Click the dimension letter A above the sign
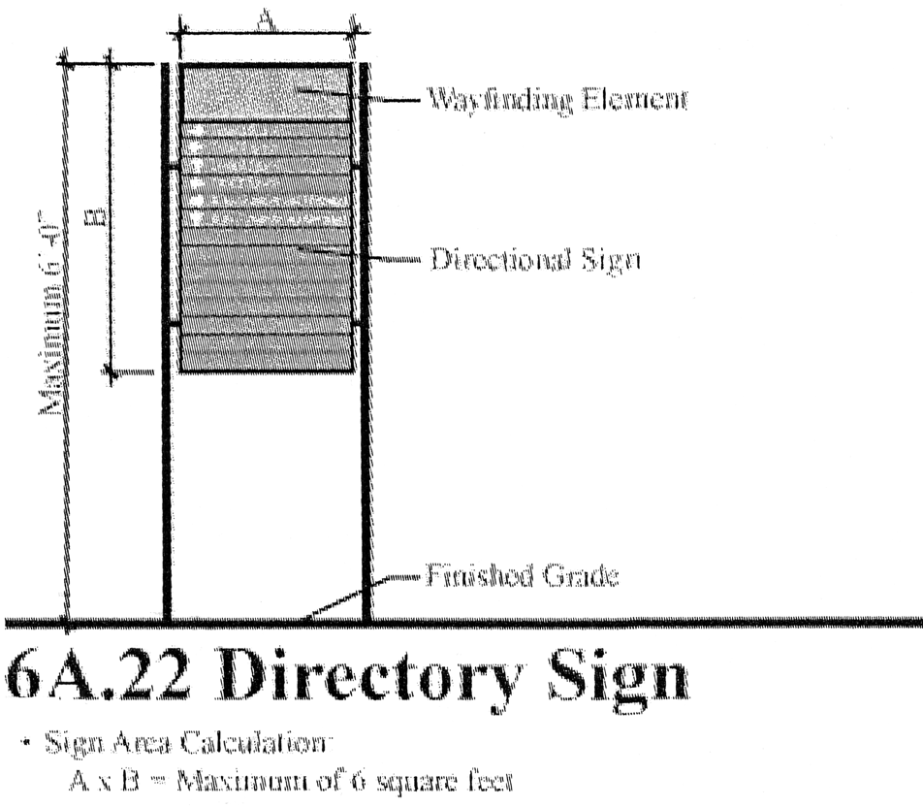pos(264,20)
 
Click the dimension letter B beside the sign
pos(94,215)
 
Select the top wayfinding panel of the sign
pos(265,93)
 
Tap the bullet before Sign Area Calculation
pos(20,745)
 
